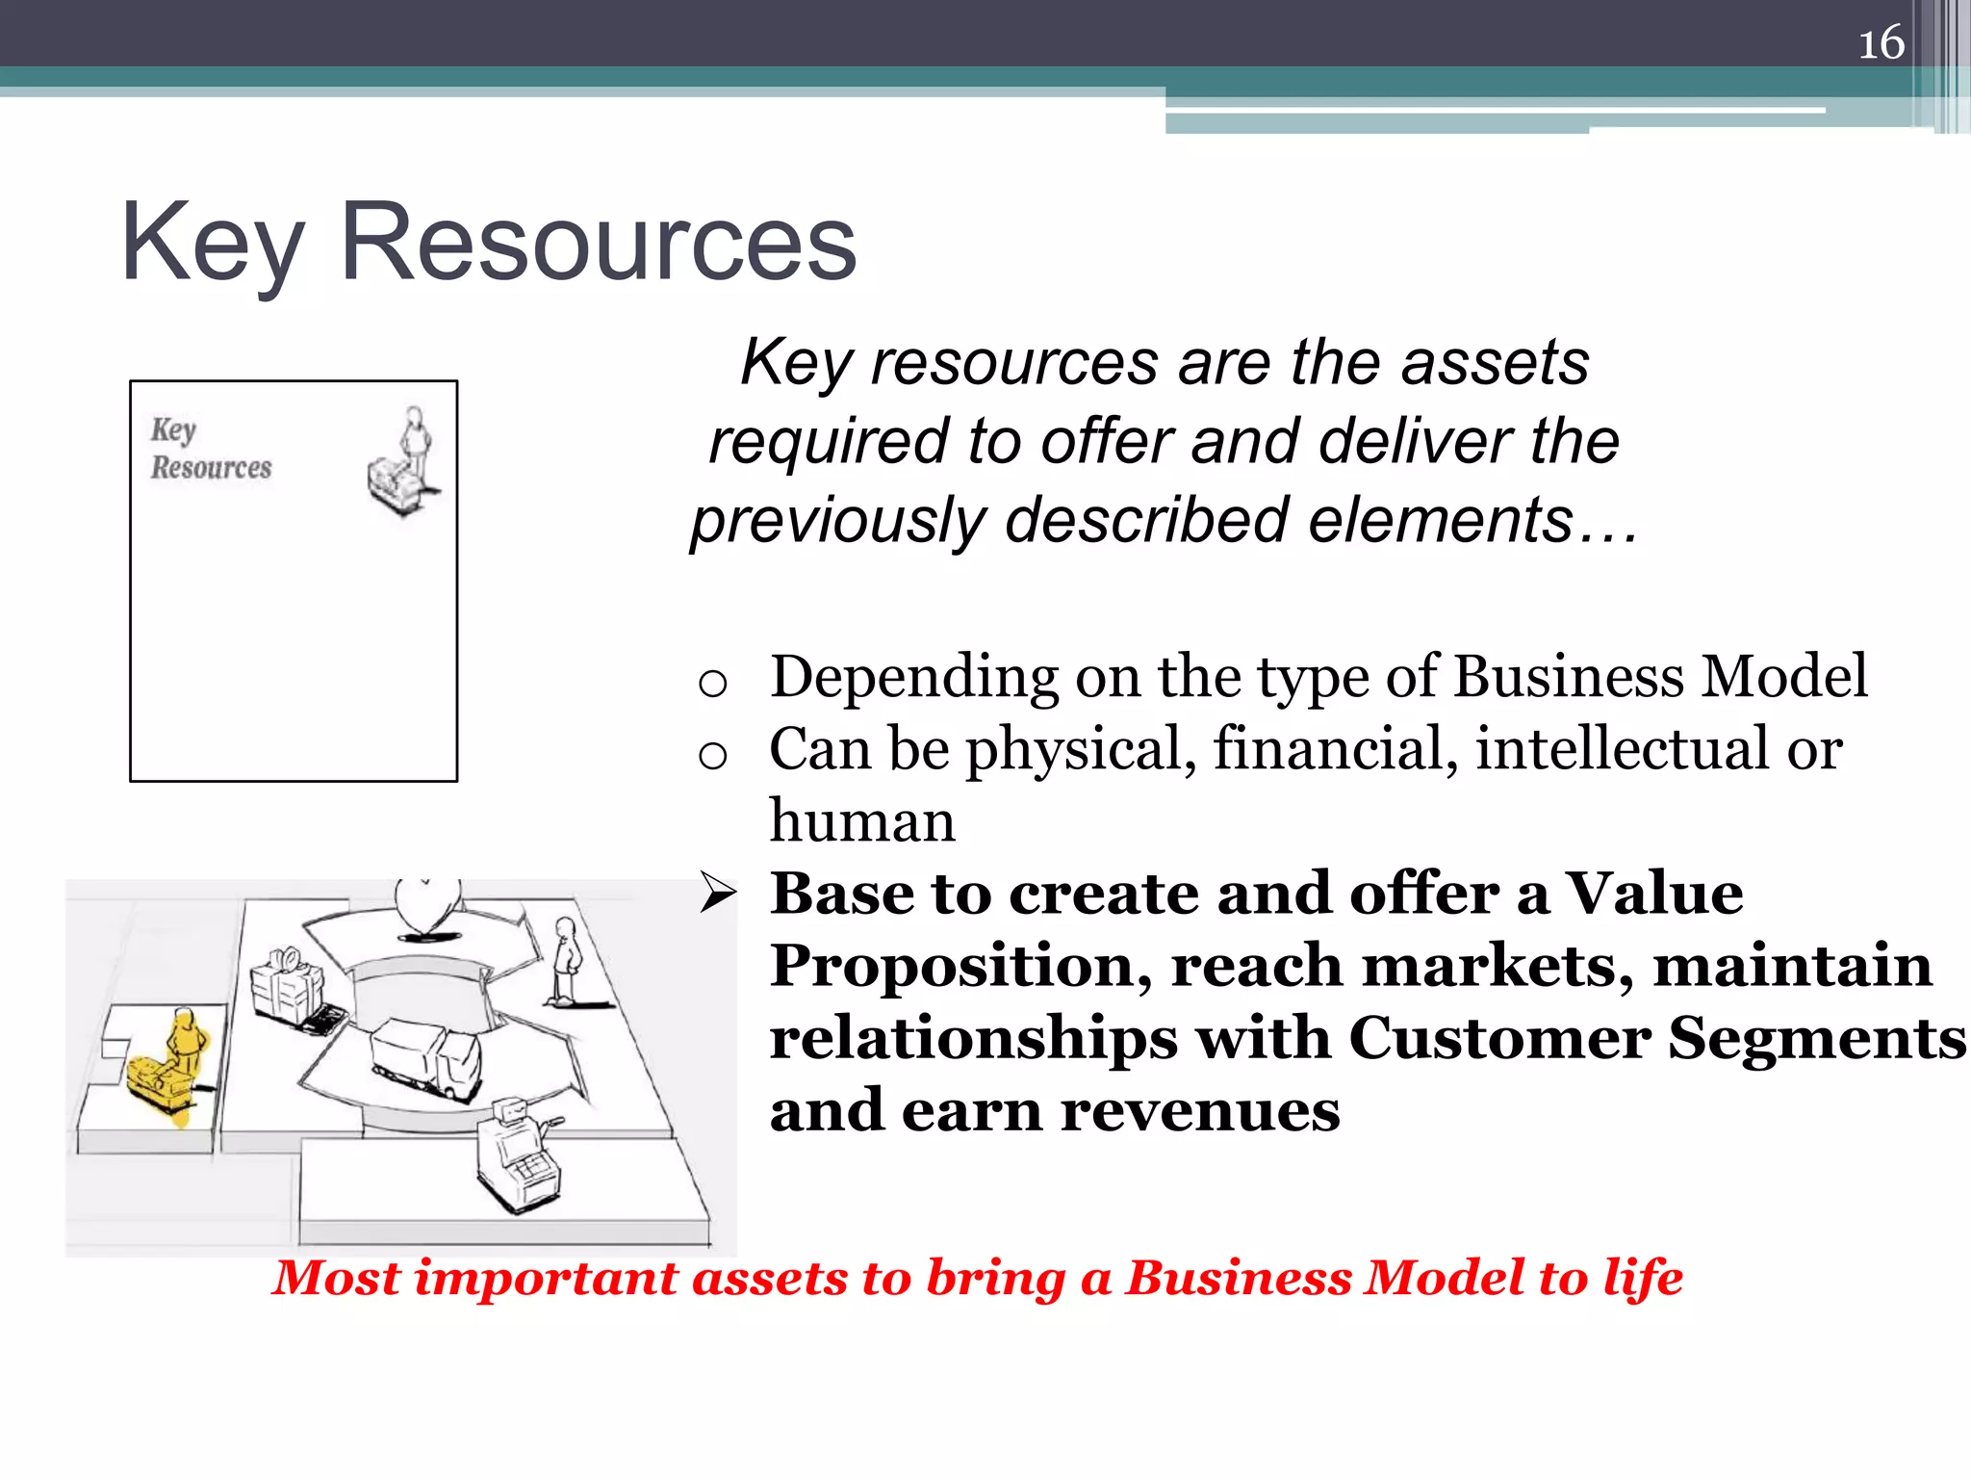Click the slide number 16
1881,43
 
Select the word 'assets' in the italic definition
1495,363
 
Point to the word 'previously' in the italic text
838,521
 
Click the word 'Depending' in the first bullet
913,676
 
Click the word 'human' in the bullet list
862,821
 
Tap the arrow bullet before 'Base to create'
717,893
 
